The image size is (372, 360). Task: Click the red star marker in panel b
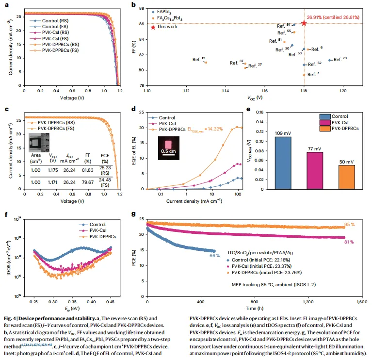(x=304, y=23)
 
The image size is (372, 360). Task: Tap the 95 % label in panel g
(x=350, y=225)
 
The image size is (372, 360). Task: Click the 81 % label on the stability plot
(x=349, y=242)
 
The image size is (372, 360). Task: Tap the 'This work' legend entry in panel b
(x=164, y=27)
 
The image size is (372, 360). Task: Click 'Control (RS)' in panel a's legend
(x=55, y=21)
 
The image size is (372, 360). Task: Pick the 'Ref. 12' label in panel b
(x=199, y=59)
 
